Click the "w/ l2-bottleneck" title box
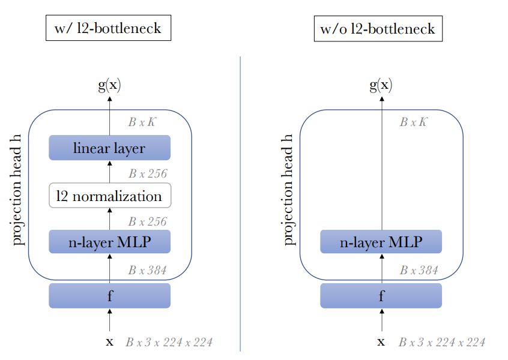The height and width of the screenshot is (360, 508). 108,28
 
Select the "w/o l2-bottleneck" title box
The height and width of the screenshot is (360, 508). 378,28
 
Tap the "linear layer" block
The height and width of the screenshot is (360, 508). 109,148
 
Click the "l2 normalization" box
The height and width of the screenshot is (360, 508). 109,196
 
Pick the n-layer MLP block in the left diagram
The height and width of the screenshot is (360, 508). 109,242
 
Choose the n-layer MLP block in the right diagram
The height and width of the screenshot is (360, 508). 381,242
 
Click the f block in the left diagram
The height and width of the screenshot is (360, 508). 109,295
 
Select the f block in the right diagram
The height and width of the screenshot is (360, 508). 381,295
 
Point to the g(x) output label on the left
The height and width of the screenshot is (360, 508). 109,85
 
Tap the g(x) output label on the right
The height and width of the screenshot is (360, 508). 381,85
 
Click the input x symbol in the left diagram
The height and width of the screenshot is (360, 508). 109,342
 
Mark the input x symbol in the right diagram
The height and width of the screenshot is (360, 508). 381,342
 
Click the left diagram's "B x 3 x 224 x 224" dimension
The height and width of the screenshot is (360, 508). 169,343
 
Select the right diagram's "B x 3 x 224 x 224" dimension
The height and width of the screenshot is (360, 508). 441,343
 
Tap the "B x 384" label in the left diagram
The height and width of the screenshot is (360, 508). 147,271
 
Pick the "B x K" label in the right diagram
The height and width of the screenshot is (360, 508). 414,122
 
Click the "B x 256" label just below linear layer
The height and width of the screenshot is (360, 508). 147,174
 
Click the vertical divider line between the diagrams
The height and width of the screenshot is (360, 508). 240,204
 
